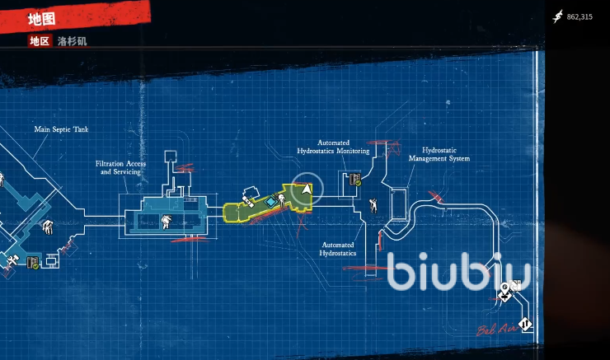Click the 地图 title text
click(x=41, y=18)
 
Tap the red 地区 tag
click(x=39, y=40)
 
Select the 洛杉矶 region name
click(x=72, y=40)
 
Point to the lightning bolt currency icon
click(x=557, y=16)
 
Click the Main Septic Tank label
click(x=61, y=129)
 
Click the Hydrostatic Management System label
click(x=439, y=155)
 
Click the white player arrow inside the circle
click(x=307, y=189)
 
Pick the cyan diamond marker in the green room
click(x=270, y=201)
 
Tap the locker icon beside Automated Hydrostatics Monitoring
click(x=355, y=180)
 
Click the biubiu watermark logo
click(x=458, y=272)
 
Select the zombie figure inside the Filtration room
click(x=167, y=220)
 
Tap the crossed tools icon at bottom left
click(x=12, y=262)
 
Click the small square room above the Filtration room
click(x=171, y=156)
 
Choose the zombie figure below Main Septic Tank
click(x=48, y=225)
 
